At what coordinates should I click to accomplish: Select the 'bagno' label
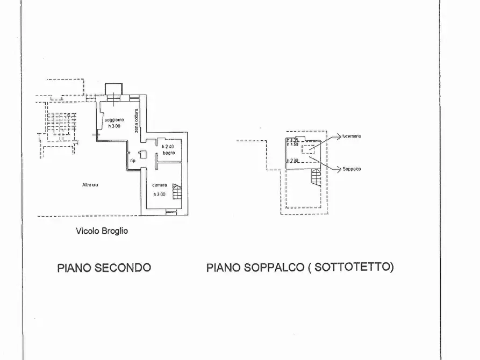pos(169,153)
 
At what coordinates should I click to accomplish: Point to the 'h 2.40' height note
pos(169,146)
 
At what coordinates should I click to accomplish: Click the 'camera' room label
pos(159,185)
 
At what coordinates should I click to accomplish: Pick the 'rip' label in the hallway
pos(132,160)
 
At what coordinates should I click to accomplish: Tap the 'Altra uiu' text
pos(90,185)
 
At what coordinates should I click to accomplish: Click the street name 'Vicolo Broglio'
pos(102,231)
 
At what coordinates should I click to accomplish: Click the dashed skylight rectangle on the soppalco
pos(309,149)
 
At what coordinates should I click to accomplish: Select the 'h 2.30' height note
pos(292,161)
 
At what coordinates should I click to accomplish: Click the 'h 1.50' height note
pos(292,144)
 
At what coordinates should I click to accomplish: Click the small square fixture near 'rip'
pos(143,155)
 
